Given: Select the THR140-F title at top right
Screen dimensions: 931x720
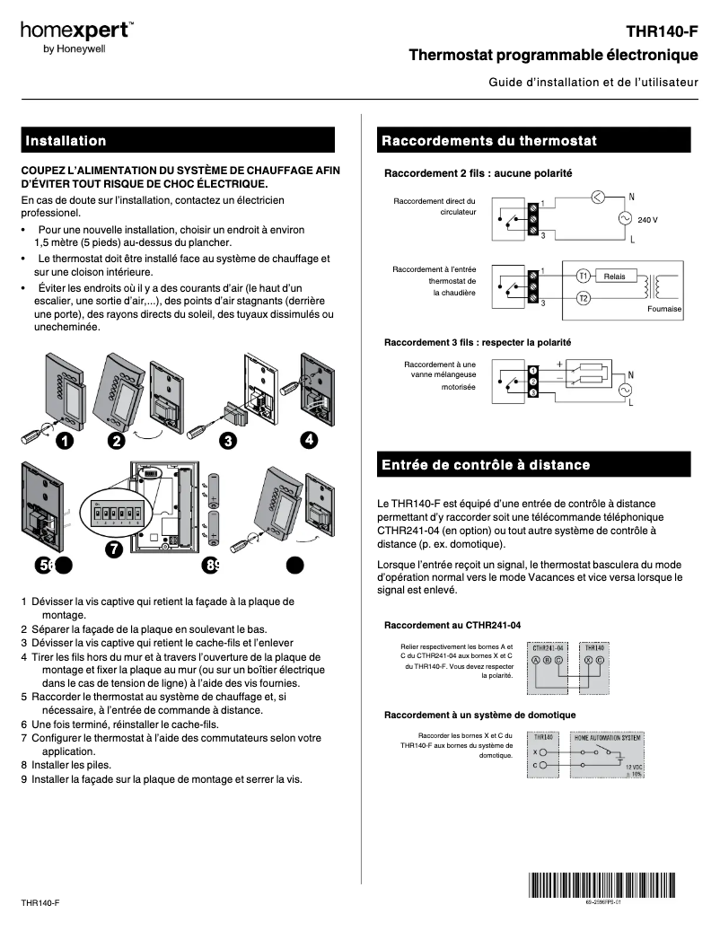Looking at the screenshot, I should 662,32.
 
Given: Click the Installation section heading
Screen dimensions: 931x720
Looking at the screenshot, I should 66,141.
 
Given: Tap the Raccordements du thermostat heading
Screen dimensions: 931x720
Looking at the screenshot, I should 488,141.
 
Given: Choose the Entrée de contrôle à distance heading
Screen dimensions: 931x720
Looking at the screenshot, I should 486,465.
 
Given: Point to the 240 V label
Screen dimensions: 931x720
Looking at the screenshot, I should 647,220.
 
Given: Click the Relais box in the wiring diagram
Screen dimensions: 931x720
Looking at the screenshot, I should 615,277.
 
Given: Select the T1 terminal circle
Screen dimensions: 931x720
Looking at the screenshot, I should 583,277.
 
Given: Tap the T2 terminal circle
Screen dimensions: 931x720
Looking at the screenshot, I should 583,298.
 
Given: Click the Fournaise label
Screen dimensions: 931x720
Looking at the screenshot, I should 663,309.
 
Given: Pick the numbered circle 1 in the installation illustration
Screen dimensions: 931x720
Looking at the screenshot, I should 64,441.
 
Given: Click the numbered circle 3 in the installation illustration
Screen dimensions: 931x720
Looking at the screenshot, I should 228,441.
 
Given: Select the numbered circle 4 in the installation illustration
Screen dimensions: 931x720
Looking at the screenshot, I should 308,439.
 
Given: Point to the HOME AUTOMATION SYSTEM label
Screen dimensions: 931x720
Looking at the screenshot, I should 608,737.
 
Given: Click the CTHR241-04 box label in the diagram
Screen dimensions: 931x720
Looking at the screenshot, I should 548,647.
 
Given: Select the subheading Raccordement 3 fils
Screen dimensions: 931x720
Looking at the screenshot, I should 478,343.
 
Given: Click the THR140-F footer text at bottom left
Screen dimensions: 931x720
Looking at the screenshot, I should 40,901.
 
